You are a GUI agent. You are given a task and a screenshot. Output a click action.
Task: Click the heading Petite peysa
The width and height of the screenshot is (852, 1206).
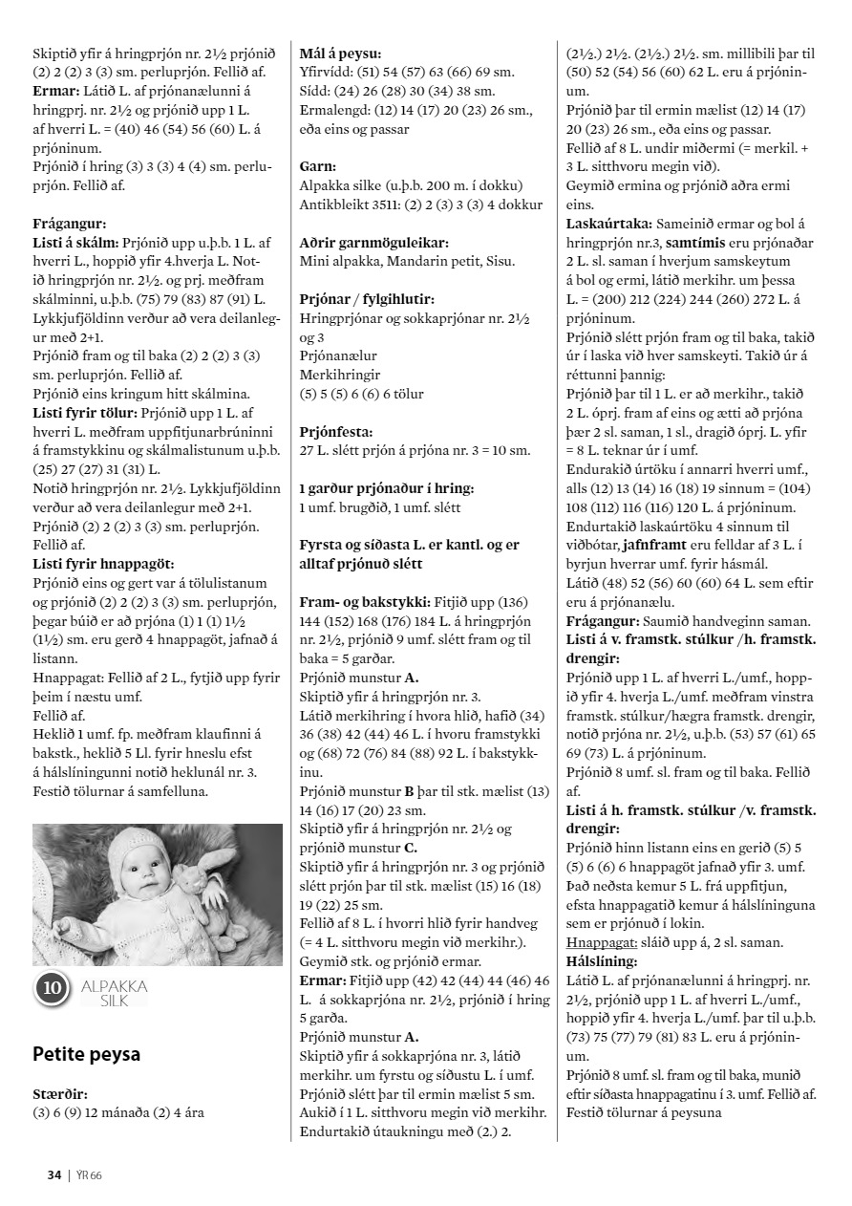(86, 1054)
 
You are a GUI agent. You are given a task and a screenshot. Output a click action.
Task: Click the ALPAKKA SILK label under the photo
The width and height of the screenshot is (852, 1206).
(114, 989)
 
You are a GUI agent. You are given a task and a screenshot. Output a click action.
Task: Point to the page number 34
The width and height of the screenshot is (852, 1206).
(54, 1174)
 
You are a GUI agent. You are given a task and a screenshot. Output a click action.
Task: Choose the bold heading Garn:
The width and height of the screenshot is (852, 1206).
(316, 166)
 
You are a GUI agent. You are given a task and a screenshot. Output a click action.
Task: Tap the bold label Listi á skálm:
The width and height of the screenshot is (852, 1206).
(76, 242)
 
